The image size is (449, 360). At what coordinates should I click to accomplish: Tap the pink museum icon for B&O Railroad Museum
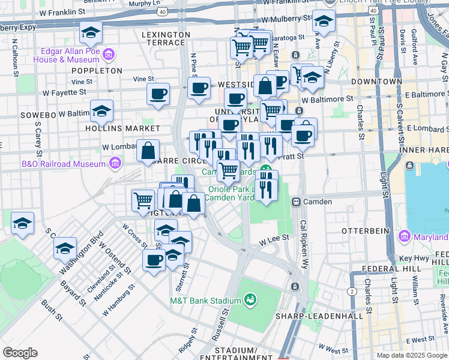coord(114,163)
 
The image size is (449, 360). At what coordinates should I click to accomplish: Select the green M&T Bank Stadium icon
coord(250,299)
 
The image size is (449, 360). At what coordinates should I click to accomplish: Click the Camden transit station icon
coord(296,202)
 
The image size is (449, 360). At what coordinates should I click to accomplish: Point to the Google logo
coord(20,353)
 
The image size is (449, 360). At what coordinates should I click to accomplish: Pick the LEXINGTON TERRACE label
coord(163,39)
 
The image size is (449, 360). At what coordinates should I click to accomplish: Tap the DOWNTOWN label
coord(376,81)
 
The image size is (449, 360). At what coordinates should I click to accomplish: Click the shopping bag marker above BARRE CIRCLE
coord(148,151)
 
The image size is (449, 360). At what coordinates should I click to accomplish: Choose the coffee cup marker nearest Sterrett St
coord(154,260)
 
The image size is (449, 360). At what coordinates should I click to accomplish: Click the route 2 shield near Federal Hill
coord(351,291)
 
